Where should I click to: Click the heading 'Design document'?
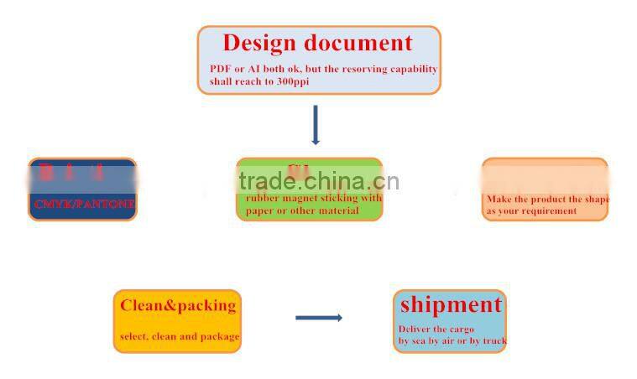point(317,44)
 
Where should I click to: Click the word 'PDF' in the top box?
point(219,69)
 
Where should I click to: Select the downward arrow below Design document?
point(316,125)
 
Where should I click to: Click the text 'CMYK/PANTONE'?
point(84,204)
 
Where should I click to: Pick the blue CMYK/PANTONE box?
point(82,189)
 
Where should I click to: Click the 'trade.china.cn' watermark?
point(319,181)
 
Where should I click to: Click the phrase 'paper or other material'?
point(302,210)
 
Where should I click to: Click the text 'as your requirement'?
point(531,211)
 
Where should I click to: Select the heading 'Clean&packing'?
point(177,305)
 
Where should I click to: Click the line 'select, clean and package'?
point(180,336)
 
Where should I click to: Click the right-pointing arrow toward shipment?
point(318,317)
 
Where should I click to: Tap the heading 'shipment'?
point(451,304)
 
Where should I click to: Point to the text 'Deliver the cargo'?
point(436,329)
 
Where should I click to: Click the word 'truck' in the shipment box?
point(494,340)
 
